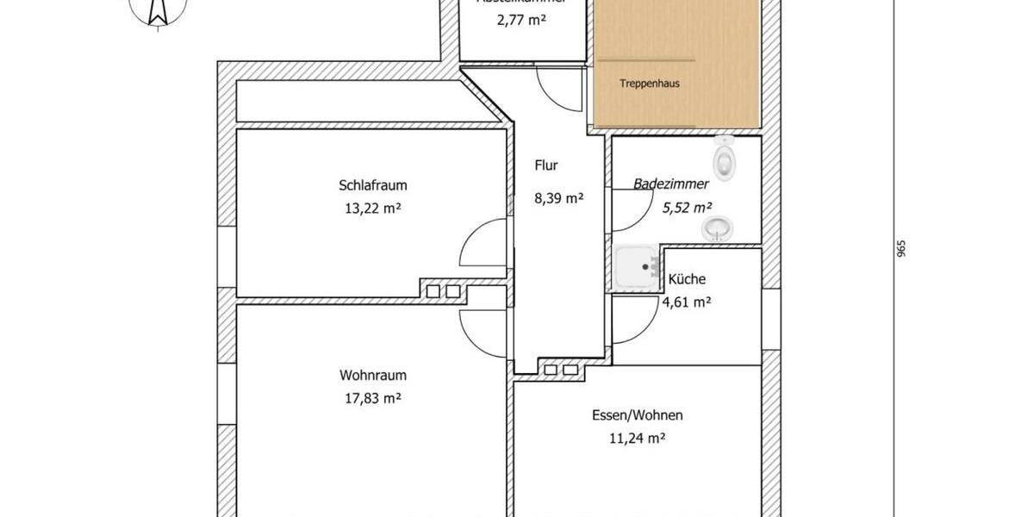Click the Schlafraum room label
[372, 185]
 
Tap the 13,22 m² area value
[372, 208]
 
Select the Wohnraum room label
[372, 376]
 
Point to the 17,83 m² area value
[372, 398]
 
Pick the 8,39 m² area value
[558, 197]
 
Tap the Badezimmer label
[670, 184]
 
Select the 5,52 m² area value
[686, 207]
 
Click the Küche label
[687, 279]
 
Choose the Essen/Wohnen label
[637, 415]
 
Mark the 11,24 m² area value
[637, 438]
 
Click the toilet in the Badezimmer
[725, 159]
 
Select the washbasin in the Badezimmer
[717, 228]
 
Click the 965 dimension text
[901, 249]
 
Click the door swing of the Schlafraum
[484, 244]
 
